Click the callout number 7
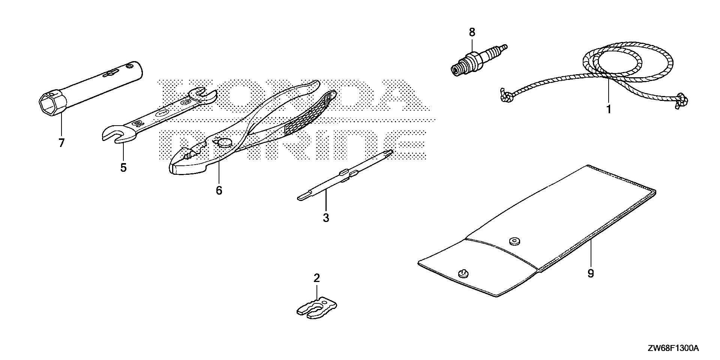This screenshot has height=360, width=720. pos(61,143)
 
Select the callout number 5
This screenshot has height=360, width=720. pos(123,168)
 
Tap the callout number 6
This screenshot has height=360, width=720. pos(219,190)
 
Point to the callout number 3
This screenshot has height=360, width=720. pos(326,217)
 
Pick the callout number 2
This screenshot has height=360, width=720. pos(317,278)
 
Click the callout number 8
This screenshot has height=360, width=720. pos(472,33)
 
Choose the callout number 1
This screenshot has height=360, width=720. pos(609,109)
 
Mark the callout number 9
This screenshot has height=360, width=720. pos(591,274)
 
